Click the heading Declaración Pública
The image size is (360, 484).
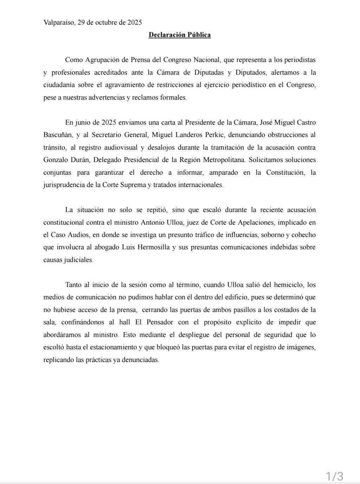180,35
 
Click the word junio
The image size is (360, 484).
83,123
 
